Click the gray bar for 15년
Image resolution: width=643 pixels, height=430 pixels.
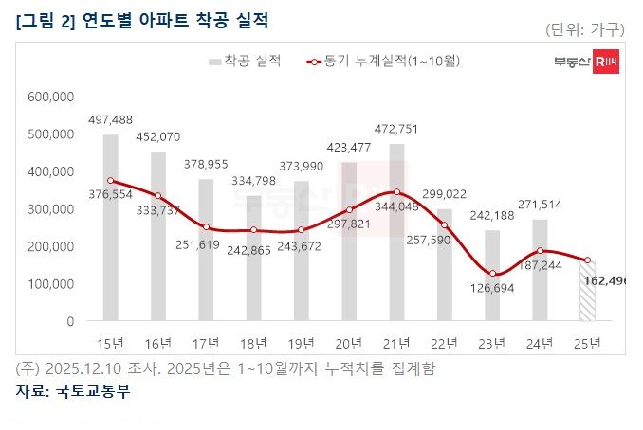[x=111, y=227]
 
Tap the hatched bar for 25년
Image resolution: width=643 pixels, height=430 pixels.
[x=587, y=290]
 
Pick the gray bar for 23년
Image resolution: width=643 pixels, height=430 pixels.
[x=492, y=276]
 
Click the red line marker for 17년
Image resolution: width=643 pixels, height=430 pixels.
[x=206, y=227]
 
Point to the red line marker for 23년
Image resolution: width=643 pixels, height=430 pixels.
[x=492, y=274]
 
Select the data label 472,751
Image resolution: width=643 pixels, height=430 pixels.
[x=396, y=128]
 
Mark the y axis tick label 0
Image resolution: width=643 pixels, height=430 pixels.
[x=70, y=322]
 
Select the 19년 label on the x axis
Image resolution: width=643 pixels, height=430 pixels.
[x=301, y=342]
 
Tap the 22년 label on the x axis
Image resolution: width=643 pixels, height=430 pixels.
[x=444, y=342]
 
